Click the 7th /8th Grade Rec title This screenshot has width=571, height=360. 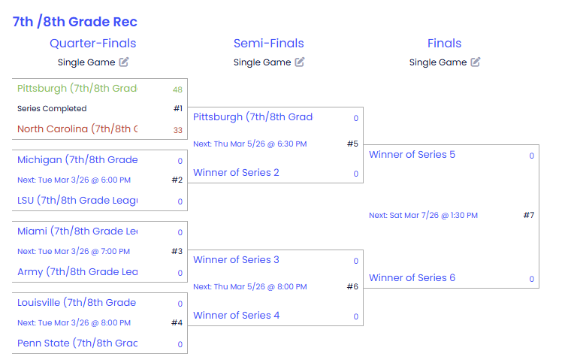[x=74, y=22]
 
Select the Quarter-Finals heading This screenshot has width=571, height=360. [x=92, y=44]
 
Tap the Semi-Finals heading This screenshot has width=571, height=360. [x=268, y=44]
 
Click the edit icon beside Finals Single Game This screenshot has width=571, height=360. [x=476, y=62]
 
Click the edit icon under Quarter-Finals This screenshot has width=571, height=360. [x=124, y=62]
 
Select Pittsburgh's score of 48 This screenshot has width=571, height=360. [x=177, y=89]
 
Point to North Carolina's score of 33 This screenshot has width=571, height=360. [x=178, y=130]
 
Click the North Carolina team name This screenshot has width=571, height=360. [x=77, y=129]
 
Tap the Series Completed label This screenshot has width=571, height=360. [x=52, y=109]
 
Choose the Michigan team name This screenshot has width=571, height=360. [x=77, y=159]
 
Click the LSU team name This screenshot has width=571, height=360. [x=77, y=200]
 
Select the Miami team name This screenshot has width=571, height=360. [x=77, y=231]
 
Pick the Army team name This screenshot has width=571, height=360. [x=77, y=271]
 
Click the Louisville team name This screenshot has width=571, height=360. [x=77, y=303]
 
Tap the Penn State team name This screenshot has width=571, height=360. [x=77, y=343]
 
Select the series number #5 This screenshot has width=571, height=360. [x=352, y=144]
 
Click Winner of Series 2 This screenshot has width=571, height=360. [x=236, y=173]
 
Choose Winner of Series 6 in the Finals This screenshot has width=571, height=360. [x=412, y=278]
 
